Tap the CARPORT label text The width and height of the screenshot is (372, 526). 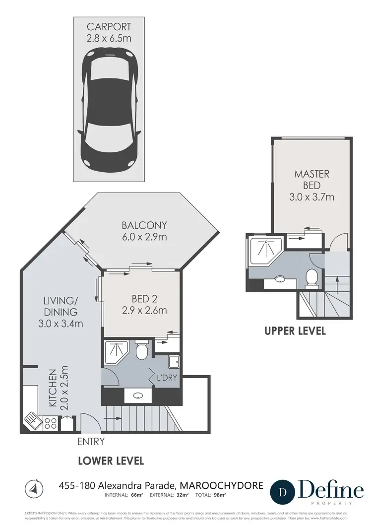tap(109, 26)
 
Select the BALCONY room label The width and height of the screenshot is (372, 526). tap(144, 225)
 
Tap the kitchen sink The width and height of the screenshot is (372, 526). tap(33, 421)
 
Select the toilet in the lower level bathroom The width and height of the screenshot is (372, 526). tap(142, 350)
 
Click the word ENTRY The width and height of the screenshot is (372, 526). tap(90, 442)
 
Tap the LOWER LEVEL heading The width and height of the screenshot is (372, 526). tap(111, 461)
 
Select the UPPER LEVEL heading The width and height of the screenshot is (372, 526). tap(295, 330)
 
